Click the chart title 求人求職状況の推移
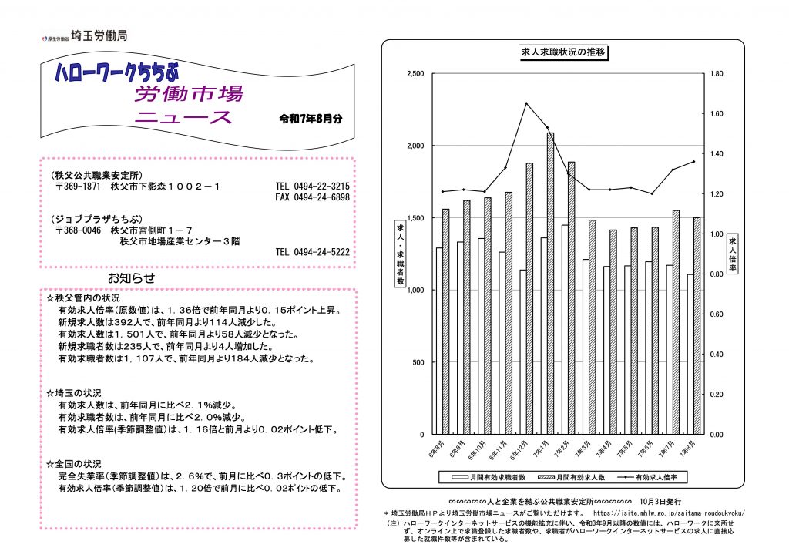pos(563,52)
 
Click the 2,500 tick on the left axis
pos(415,74)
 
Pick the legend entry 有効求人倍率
pos(656,478)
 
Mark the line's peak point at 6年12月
pos(525,103)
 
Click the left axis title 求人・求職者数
pos(400,254)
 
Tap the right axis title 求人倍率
pos(732,254)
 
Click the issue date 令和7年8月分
pos(311,119)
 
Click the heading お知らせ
pos(131,277)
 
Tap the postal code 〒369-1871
pos(79,187)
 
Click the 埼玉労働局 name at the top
pos(99,35)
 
